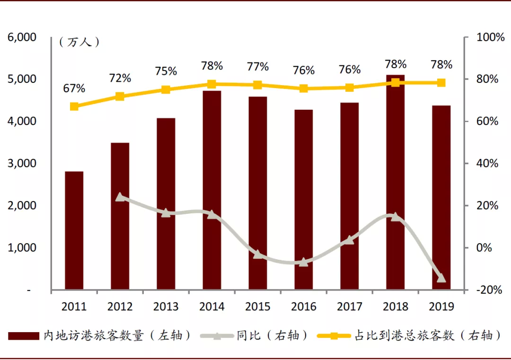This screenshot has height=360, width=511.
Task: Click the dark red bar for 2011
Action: coord(74,230)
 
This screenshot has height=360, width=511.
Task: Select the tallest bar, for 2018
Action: coord(396,182)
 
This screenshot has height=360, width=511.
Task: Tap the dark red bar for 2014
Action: coord(212,190)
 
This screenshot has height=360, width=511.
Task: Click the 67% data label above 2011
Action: coord(74,88)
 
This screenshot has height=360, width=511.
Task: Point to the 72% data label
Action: coord(120,78)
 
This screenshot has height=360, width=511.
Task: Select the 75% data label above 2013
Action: coord(166,71)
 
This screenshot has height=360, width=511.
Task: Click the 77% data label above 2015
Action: coord(258,67)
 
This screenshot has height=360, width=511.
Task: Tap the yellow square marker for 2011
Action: coord(74,106)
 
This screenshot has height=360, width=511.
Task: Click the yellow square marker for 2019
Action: coord(441,83)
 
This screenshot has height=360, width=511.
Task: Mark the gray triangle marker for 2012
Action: coord(120,197)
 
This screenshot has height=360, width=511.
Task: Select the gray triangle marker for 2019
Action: coord(441,278)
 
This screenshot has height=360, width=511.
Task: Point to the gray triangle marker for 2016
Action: coord(304,262)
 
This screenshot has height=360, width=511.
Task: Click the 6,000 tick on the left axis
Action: coord(22,37)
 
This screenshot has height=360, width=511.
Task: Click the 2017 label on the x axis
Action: coord(350,307)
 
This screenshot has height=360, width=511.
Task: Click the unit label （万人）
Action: coord(79,42)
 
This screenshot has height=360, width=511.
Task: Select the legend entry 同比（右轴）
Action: coord(273,336)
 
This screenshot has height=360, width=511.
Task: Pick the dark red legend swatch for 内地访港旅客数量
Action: coord(24,336)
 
